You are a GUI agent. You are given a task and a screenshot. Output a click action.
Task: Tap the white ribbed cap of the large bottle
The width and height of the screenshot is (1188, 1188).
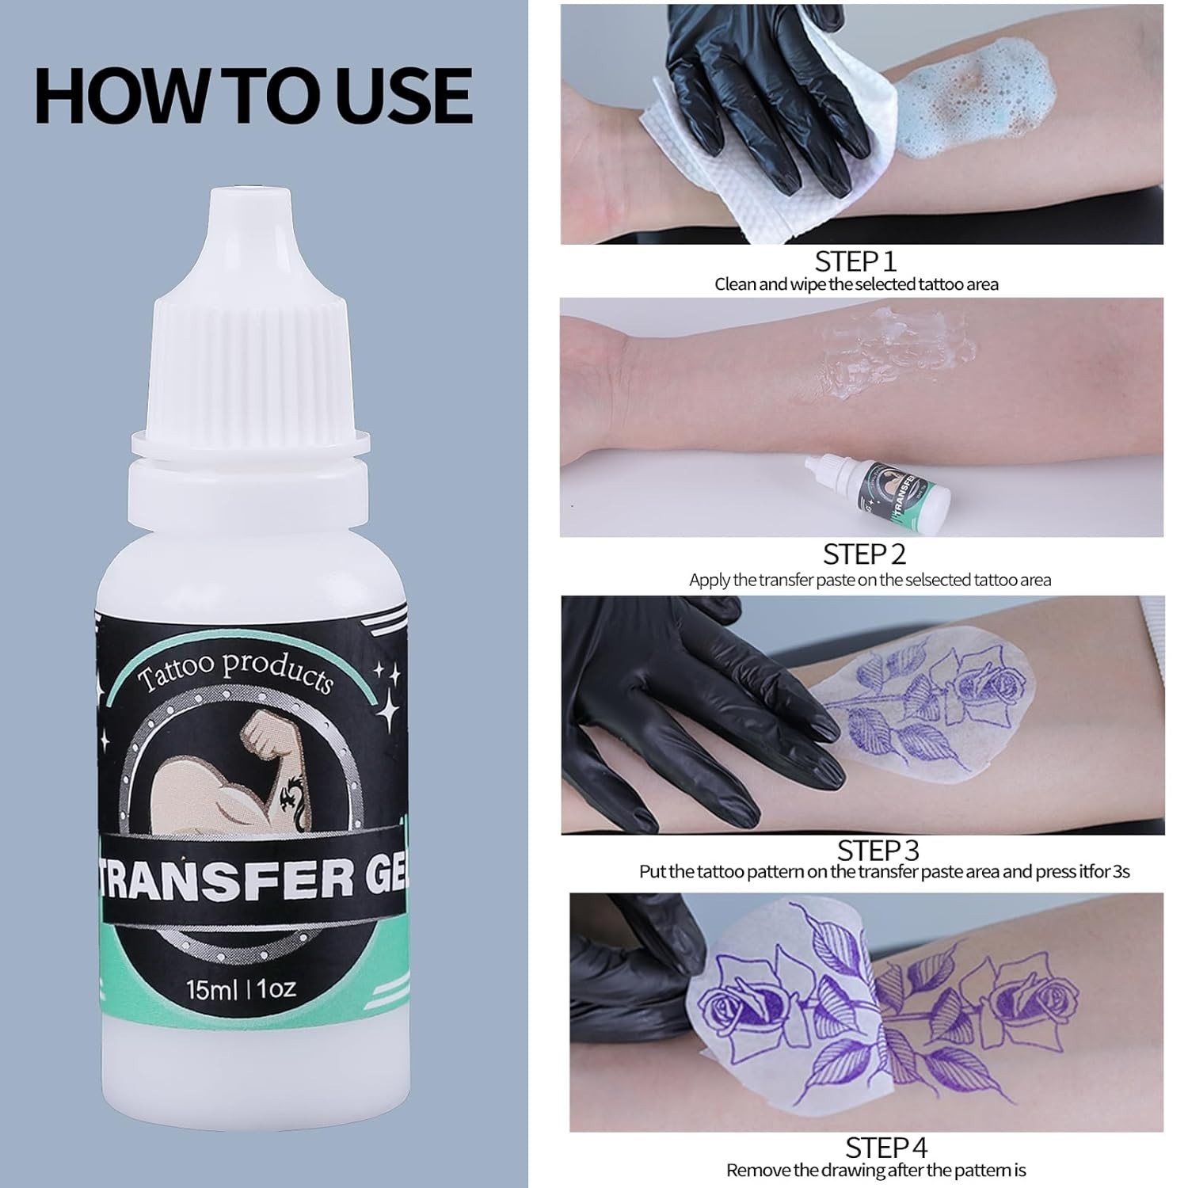252,348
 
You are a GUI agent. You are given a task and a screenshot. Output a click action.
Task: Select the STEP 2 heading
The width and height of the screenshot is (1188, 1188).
864,554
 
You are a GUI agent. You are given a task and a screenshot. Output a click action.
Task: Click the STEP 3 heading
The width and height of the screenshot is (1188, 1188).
878,850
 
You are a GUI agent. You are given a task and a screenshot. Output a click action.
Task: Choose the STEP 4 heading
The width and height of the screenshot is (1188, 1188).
885,1148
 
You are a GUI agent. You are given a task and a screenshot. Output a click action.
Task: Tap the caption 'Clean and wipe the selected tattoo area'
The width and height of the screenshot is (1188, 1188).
856,284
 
